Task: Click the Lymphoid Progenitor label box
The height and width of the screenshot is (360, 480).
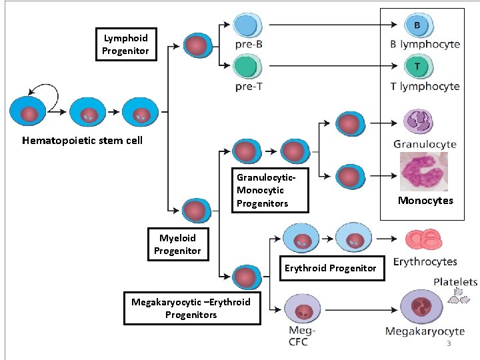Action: (125, 45)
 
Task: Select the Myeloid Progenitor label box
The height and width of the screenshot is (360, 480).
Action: (177, 244)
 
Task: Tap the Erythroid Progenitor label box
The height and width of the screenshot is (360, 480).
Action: (330, 268)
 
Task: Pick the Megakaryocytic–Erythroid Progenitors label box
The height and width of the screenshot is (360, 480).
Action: (191, 308)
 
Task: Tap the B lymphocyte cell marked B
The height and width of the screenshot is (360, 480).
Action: (417, 26)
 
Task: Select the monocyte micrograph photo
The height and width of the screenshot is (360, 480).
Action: (423, 171)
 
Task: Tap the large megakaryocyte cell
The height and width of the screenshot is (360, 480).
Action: (421, 308)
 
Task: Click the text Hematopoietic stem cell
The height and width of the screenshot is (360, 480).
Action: (82, 141)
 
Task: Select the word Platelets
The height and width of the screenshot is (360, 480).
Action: (455, 282)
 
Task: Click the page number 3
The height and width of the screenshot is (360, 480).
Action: (449, 343)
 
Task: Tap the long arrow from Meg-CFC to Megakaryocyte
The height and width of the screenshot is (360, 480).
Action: (360, 310)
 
